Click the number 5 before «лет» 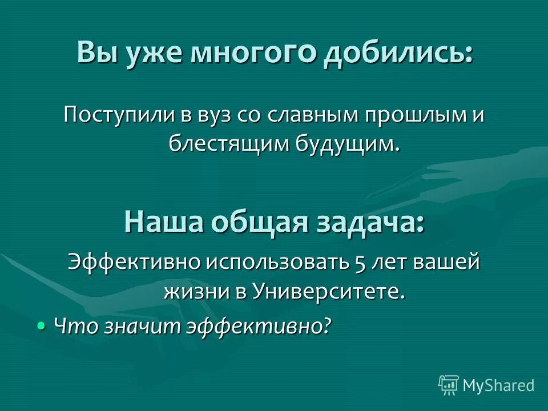[x=360, y=262]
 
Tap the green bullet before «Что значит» [x=41, y=325]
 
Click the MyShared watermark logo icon [x=449, y=385]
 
